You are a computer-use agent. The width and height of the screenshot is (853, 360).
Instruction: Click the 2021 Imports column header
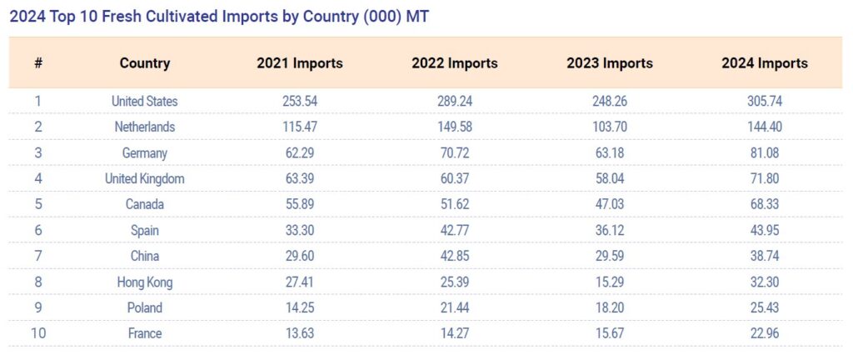click(300, 63)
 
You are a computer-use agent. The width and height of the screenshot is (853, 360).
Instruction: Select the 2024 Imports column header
click(765, 63)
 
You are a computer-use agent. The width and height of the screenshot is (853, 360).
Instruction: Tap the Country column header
click(145, 63)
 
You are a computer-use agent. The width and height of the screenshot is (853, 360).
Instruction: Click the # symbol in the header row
click(38, 63)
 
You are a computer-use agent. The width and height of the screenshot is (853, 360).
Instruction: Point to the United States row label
click(145, 102)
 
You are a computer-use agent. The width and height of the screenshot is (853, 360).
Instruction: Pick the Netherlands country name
click(145, 127)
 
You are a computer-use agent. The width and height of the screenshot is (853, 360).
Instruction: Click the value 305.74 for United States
click(765, 102)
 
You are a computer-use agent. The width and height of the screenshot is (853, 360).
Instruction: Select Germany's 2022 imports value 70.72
click(455, 153)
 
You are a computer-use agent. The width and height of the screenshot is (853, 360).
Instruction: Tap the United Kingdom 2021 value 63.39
click(300, 179)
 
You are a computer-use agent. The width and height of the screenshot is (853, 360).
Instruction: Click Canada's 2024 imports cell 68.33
click(765, 205)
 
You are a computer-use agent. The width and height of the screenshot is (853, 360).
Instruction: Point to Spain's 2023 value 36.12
click(610, 231)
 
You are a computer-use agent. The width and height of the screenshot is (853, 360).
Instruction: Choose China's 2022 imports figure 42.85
click(455, 257)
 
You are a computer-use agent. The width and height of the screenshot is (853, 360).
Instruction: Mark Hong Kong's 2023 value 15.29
click(610, 282)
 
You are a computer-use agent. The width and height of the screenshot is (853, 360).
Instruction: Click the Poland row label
click(145, 308)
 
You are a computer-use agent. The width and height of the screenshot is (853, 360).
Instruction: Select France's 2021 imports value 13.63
click(300, 334)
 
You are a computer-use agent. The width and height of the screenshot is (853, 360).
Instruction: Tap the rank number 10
click(38, 334)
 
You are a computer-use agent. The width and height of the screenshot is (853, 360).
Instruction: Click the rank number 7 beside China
click(38, 257)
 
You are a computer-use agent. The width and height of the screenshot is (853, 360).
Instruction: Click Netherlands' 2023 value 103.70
click(610, 127)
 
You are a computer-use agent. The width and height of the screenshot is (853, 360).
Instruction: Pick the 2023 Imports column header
click(610, 63)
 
